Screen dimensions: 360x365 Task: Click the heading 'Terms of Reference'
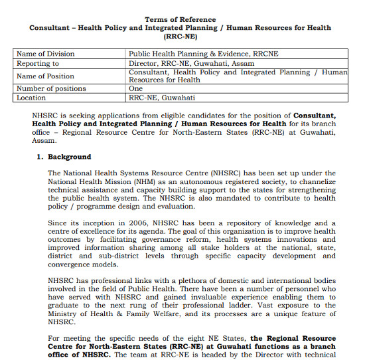[x=180, y=20]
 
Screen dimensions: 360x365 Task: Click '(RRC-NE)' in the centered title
[x=180, y=37]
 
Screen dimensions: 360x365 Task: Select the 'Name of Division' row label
[x=45, y=54]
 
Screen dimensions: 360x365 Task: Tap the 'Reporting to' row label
[x=38, y=63]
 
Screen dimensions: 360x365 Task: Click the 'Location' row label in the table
[x=31, y=97]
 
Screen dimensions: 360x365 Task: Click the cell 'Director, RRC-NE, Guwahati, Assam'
[x=192, y=63]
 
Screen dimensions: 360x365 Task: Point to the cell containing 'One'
[x=136, y=88]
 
